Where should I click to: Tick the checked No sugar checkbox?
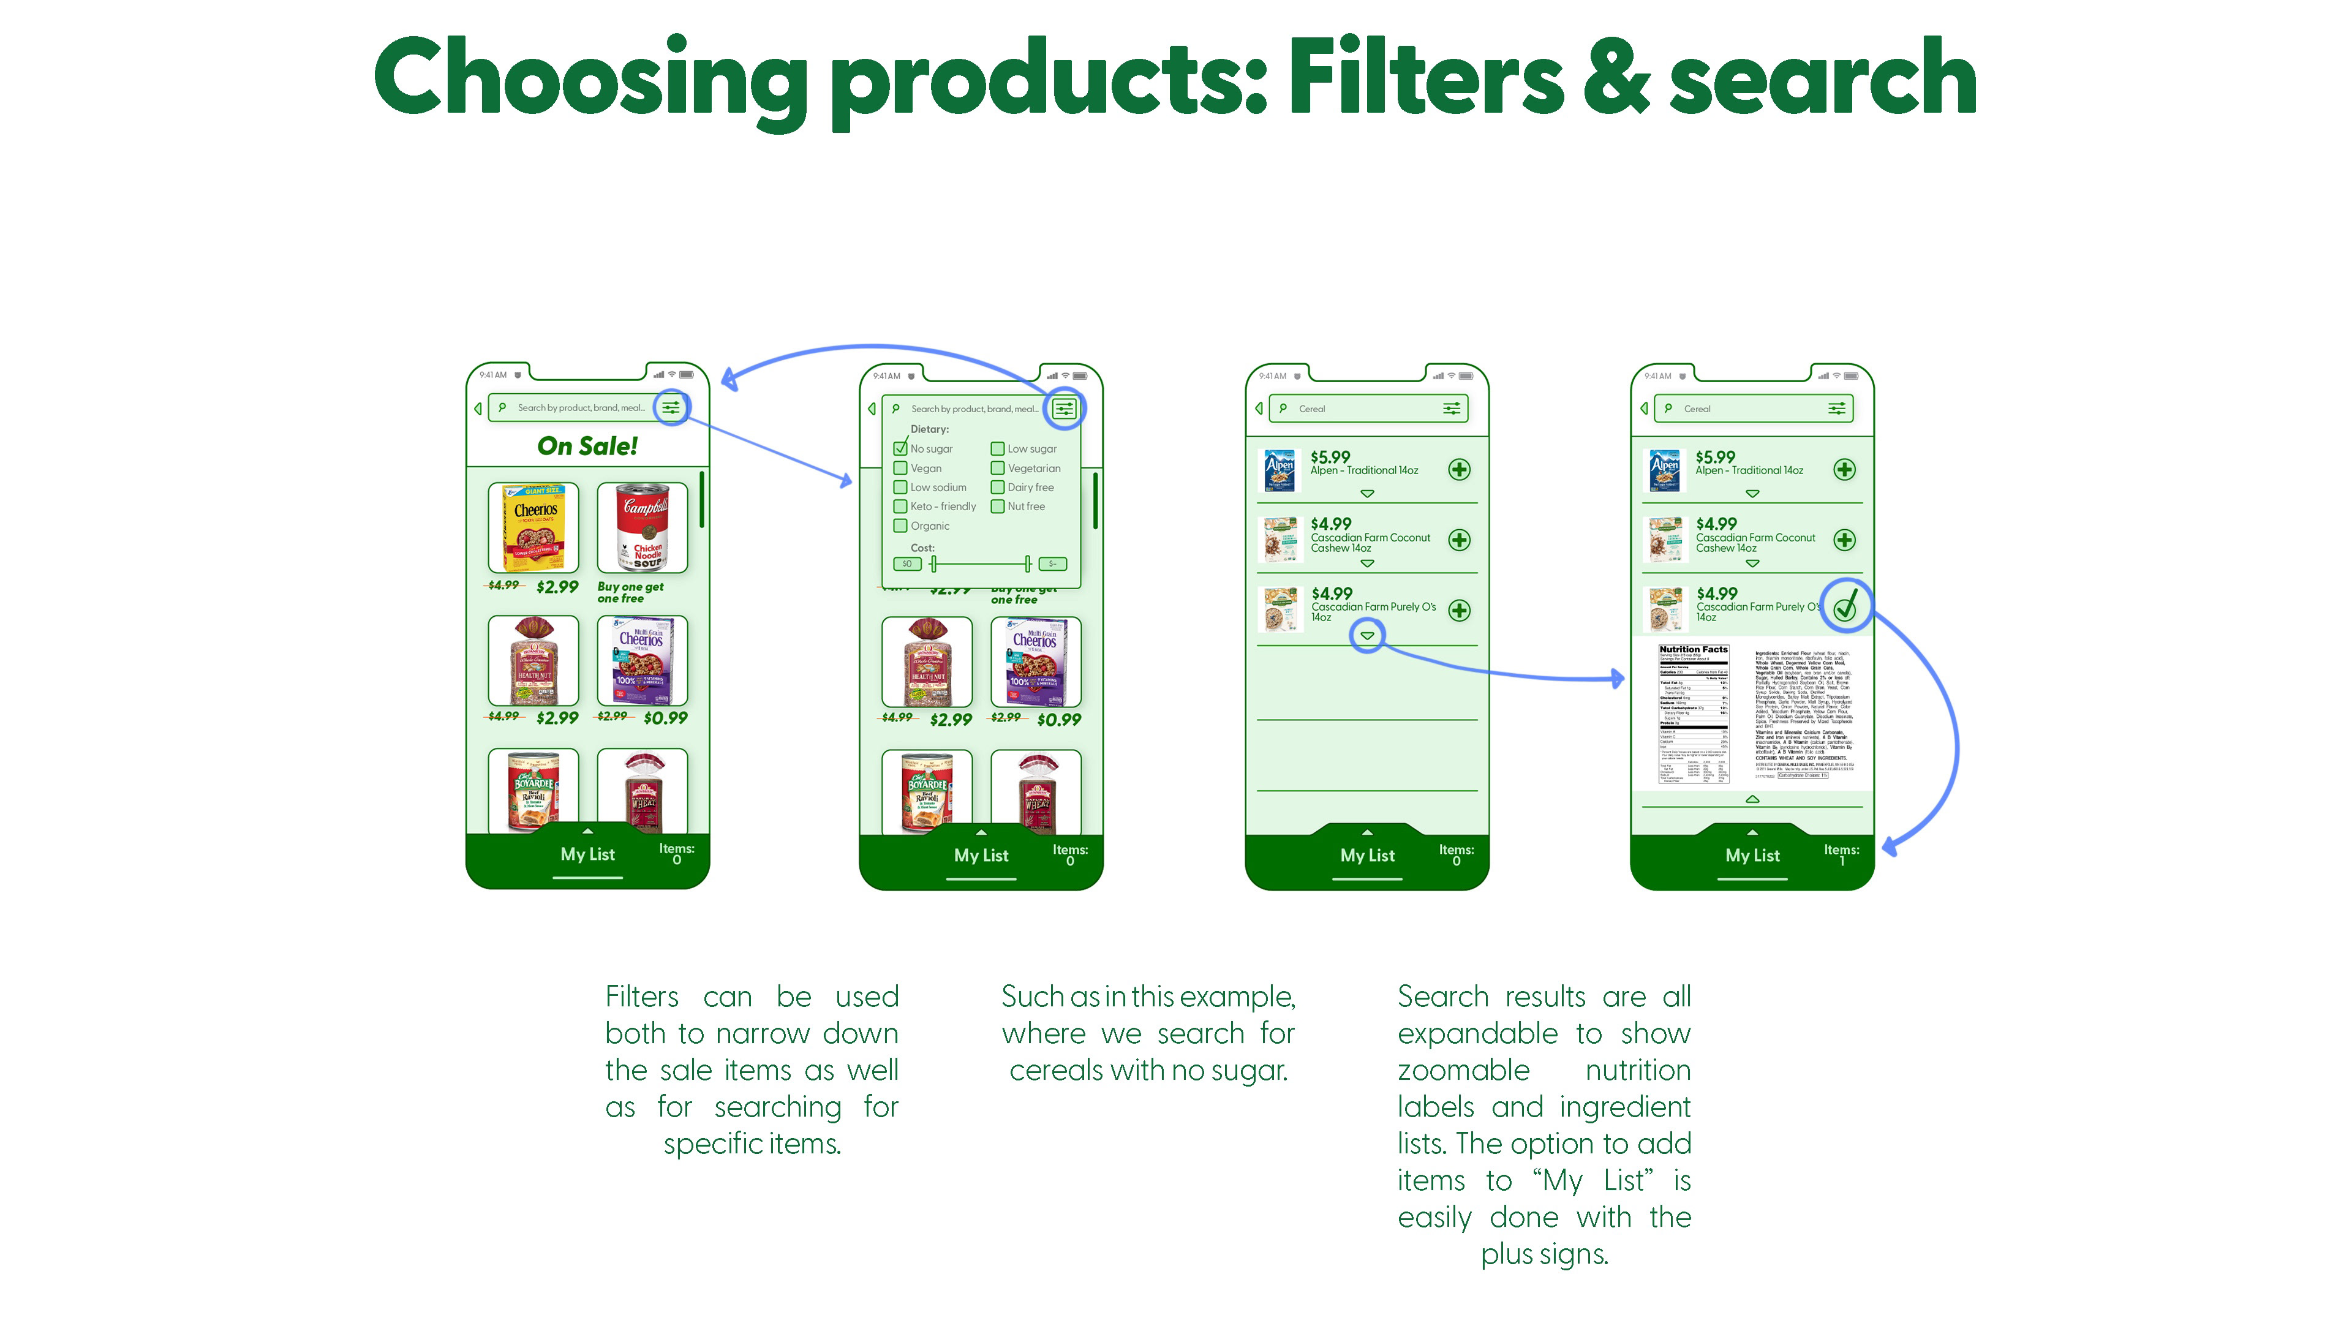tap(900, 448)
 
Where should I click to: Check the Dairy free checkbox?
tap(998, 488)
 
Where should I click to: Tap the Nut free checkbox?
tap(998, 507)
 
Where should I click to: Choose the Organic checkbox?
tap(900, 526)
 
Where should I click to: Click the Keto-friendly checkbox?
tap(900, 507)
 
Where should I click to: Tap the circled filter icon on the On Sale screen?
tap(671, 407)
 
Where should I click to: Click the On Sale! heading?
tap(587, 447)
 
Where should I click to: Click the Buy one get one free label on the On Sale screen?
tap(630, 592)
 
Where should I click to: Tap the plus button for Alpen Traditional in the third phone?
tap(1459, 469)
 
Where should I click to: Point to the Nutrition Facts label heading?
tap(1694, 650)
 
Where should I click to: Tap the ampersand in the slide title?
tap(1616, 78)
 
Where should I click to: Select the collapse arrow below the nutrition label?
tap(1752, 799)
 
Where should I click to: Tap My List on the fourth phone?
tap(1752, 856)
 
